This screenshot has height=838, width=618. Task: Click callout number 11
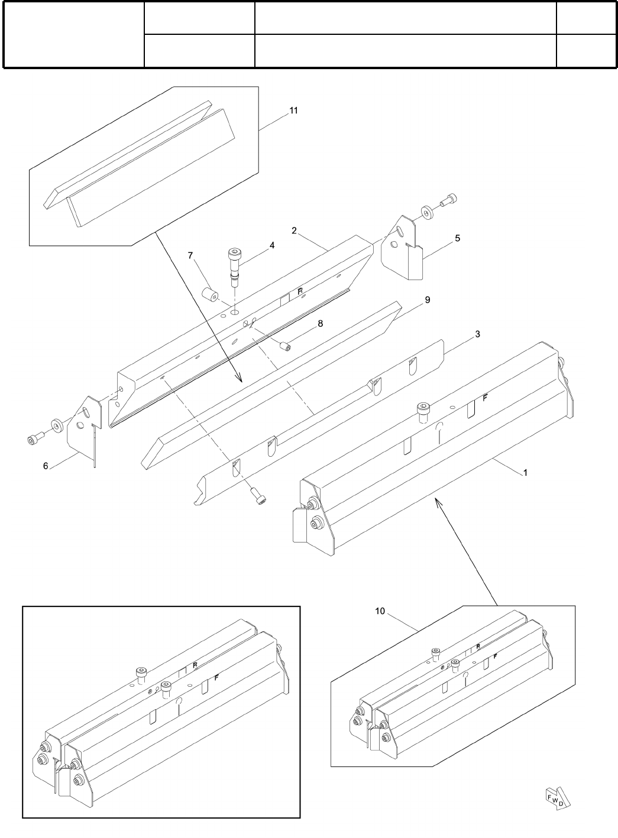coord(294,111)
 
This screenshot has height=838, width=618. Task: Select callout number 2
coord(294,230)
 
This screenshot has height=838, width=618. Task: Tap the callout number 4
coord(272,245)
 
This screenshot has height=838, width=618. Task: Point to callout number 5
coord(458,238)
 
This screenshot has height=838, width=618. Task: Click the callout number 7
coord(190,255)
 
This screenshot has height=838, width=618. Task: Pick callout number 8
coord(320,323)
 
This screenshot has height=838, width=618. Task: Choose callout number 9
coord(427,300)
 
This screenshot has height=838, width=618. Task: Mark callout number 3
coord(477,334)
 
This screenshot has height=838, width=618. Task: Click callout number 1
coord(525,473)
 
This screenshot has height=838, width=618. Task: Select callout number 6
coord(46,466)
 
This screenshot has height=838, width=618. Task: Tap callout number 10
coord(380,611)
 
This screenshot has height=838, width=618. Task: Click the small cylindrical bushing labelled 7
coord(209,294)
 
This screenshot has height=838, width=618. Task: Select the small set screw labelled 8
coord(284,346)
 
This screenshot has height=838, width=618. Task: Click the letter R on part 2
coord(300,291)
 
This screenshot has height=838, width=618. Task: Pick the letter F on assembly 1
coord(485,398)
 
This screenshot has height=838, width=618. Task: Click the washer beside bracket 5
coord(426,212)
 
